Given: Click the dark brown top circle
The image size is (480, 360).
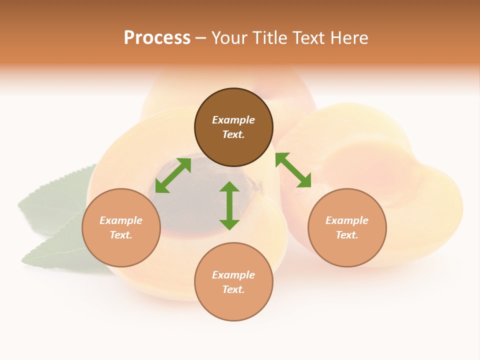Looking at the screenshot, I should pyautogui.click(x=233, y=127).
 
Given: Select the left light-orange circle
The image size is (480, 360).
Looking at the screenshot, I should pyautogui.click(x=121, y=227).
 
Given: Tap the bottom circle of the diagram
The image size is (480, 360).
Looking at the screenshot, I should pyautogui.click(x=233, y=282).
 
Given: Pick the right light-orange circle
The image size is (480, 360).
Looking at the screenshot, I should pyautogui.click(x=347, y=227).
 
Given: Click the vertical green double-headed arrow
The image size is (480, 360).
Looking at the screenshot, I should pyautogui.click(x=229, y=205).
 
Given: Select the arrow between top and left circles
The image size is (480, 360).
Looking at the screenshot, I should pyautogui.click(x=173, y=175).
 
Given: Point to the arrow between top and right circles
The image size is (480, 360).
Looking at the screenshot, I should pyautogui.click(x=293, y=170).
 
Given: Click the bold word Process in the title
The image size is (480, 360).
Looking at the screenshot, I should pyautogui.click(x=157, y=37).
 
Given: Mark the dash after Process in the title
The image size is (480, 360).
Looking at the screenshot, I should pyautogui.click(x=200, y=38).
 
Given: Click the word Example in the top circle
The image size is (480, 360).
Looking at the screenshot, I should pyautogui.click(x=233, y=120).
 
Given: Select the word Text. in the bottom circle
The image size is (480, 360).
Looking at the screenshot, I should pyautogui.click(x=233, y=289).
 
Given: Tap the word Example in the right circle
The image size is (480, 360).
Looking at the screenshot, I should pyautogui.click(x=347, y=220).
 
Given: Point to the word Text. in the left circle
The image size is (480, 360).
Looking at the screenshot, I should pyautogui.click(x=121, y=235).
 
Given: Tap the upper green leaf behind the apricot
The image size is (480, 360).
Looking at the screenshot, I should pyautogui.click(x=55, y=200).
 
